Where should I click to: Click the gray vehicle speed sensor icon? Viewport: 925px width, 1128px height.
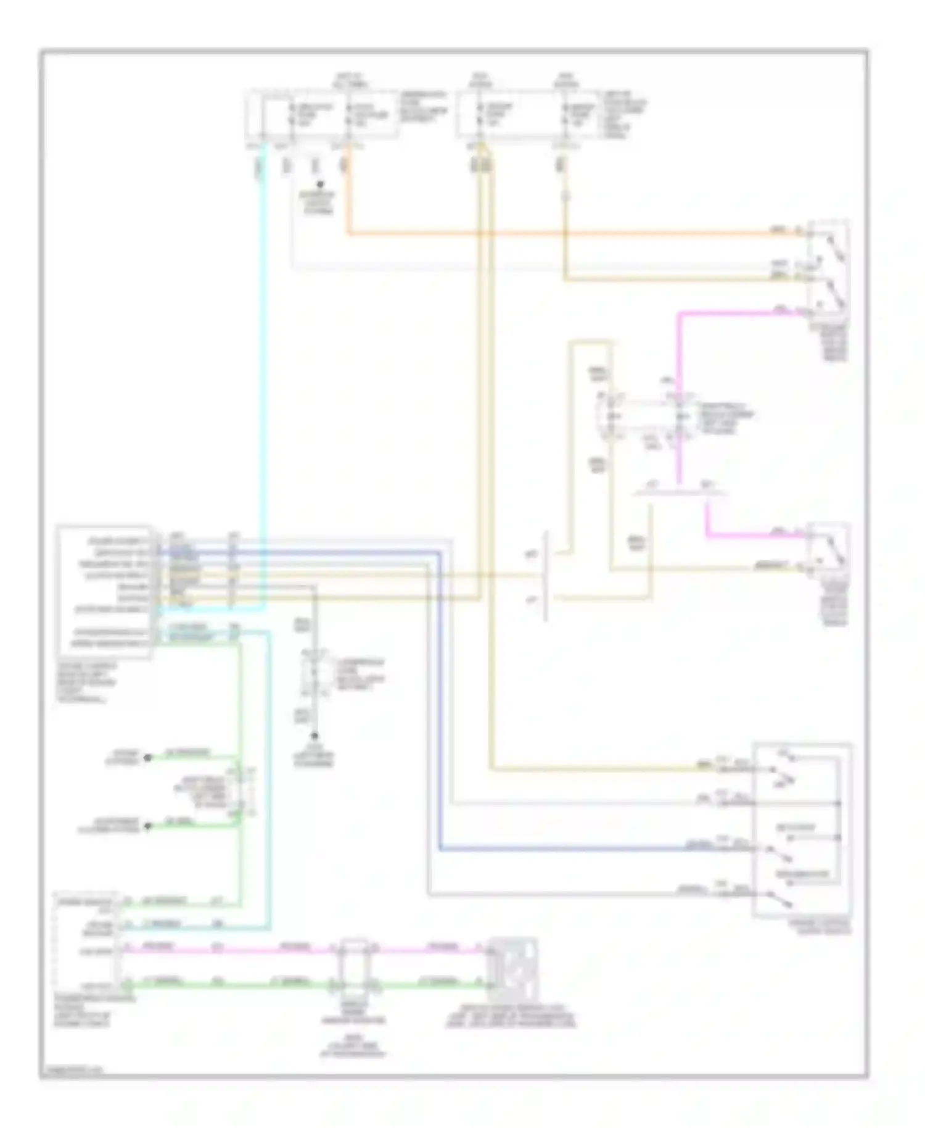[512, 971]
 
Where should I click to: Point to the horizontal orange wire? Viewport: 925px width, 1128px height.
[555, 234]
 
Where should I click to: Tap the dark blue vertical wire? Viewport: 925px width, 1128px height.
[440, 710]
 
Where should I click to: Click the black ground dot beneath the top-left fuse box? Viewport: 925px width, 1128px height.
[319, 184]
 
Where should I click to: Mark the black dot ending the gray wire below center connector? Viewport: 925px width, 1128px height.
[314, 736]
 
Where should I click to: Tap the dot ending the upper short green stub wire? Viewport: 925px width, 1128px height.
[147, 758]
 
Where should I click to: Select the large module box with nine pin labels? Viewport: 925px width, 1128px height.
[104, 591]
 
